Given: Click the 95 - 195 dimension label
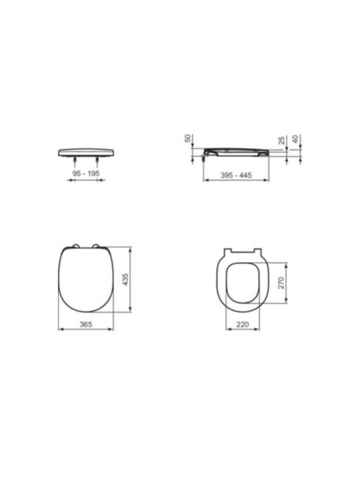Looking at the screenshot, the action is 86,173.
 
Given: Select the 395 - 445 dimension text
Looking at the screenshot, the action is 236,175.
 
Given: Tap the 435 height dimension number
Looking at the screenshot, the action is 125,279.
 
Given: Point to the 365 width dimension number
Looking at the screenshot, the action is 86,324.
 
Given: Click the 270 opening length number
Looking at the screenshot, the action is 281,283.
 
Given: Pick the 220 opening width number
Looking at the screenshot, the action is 243,324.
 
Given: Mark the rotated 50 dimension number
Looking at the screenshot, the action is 187,139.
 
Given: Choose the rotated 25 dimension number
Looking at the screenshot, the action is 281,140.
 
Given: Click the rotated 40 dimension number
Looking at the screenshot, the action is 295,139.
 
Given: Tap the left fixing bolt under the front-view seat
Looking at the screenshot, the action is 75,161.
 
